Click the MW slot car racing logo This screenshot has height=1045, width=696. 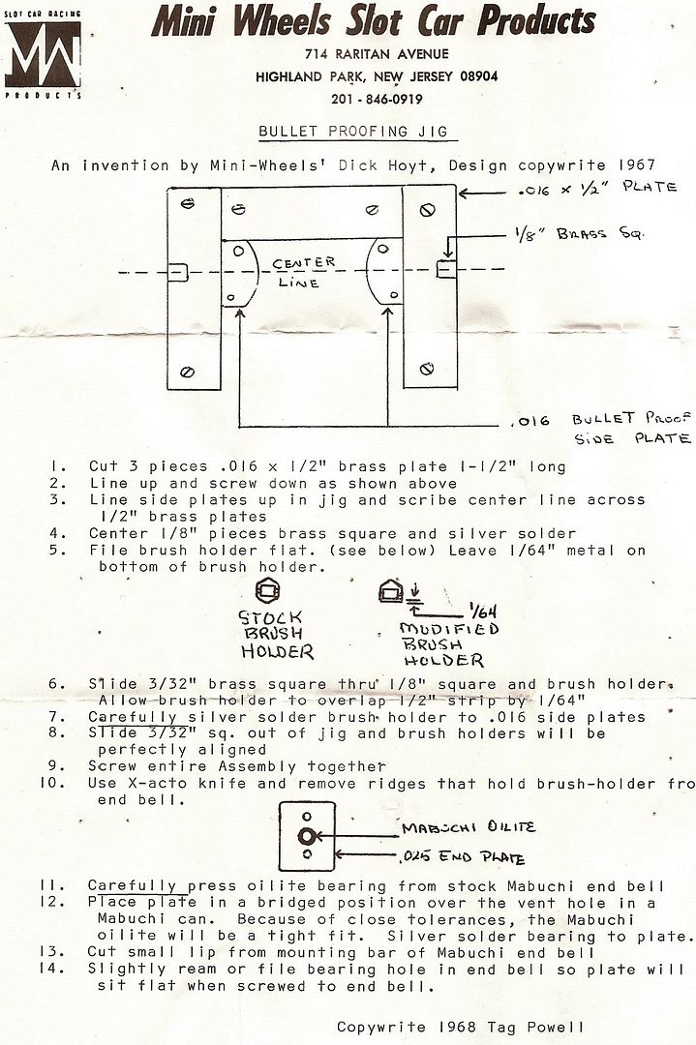click(43, 54)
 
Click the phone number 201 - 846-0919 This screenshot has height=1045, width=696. click(377, 100)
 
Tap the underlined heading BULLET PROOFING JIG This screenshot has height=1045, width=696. click(353, 132)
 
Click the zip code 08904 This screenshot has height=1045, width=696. click(478, 76)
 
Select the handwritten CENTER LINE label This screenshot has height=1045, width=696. click(303, 272)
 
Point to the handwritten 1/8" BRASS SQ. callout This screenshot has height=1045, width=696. click(579, 234)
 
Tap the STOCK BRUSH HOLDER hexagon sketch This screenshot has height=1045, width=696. click(268, 590)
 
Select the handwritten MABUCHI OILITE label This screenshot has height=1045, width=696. click(468, 827)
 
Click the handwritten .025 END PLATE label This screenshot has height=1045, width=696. click(463, 857)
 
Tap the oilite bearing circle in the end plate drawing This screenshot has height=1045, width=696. click(307, 836)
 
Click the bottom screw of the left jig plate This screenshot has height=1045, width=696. click(188, 372)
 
